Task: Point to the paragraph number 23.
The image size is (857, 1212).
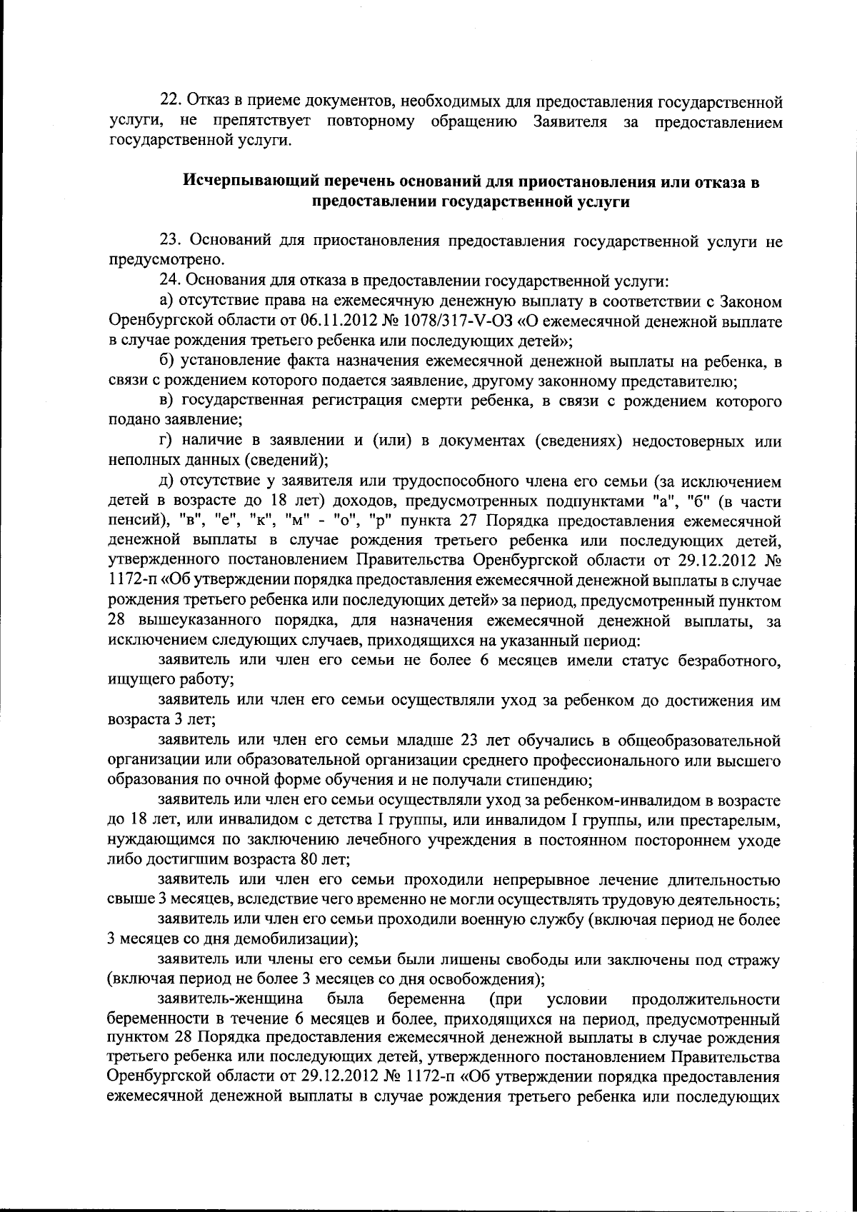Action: click(166, 241)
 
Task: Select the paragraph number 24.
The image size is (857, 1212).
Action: click(166, 281)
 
